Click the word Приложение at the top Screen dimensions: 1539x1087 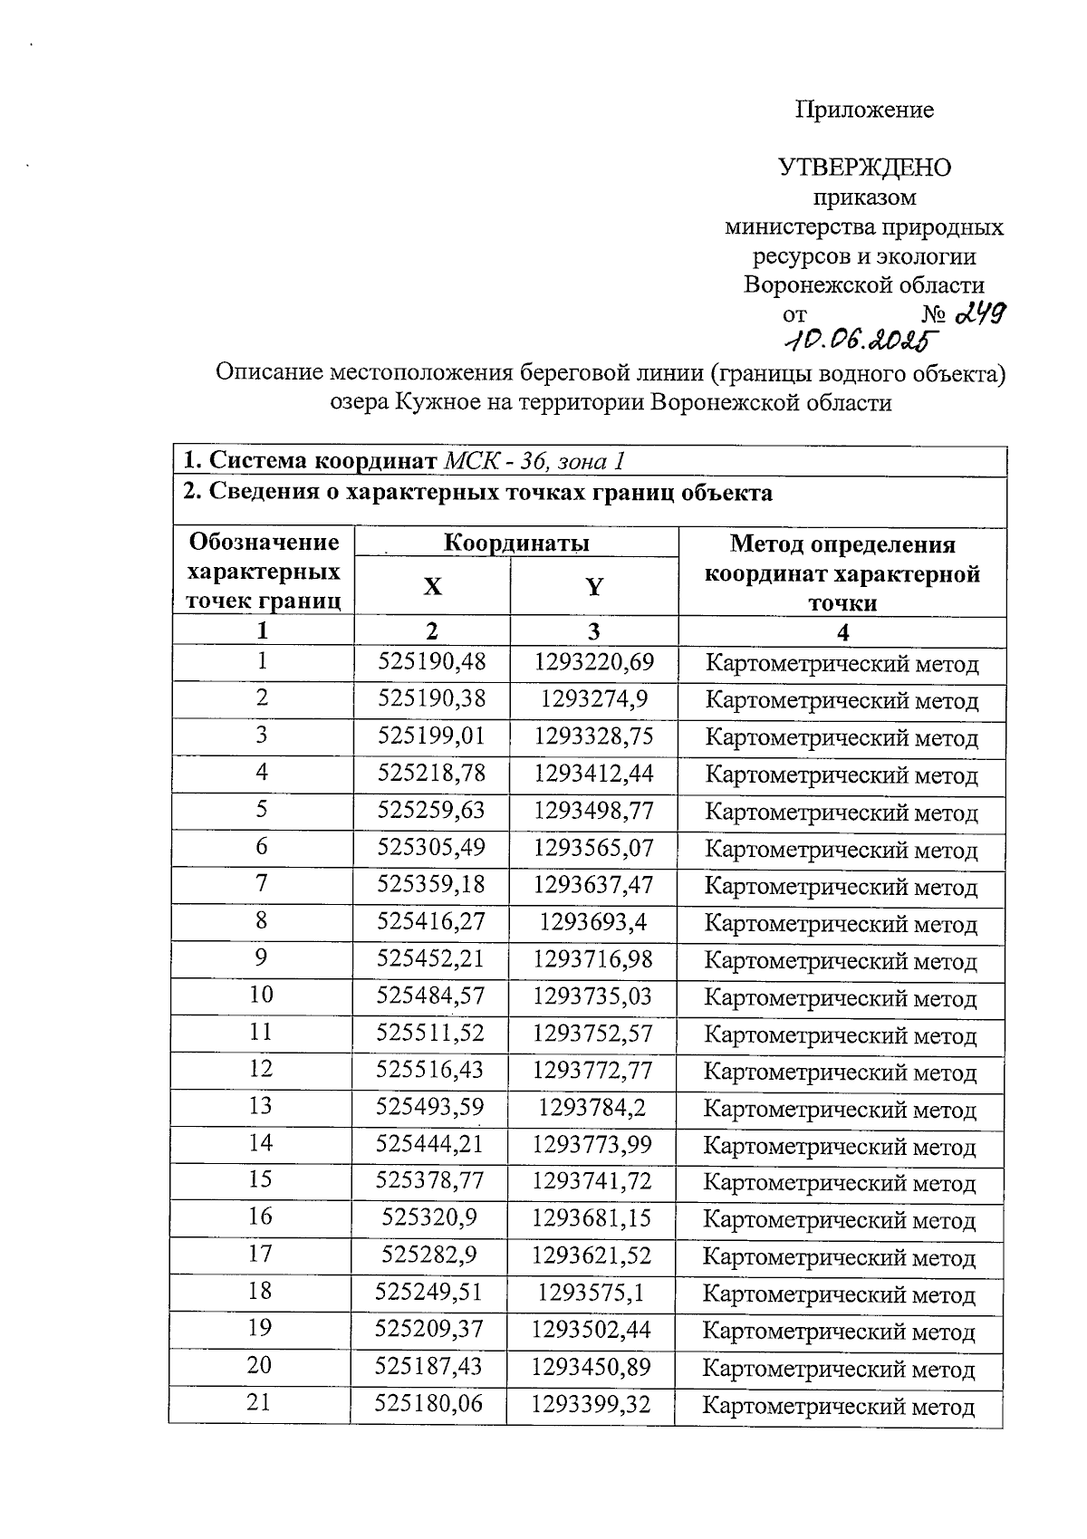click(864, 111)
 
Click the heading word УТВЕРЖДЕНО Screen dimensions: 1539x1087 click(865, 168)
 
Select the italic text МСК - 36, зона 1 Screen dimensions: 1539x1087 click(534, 461)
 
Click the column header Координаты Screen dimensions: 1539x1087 click(516, 543)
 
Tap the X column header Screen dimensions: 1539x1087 click(433, 587)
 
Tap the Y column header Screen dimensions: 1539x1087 click(593, 587)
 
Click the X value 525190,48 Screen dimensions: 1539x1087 click(431, 663)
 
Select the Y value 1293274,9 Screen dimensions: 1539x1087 click(593, 700)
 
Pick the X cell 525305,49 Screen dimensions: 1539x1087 click(431, 849)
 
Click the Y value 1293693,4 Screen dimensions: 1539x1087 click(593, 923)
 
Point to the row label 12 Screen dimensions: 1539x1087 click(261, 1070)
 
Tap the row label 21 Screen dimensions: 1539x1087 click(259, 1403)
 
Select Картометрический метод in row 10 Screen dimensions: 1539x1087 click(840, 999)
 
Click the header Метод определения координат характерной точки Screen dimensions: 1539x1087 click(842, 573)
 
